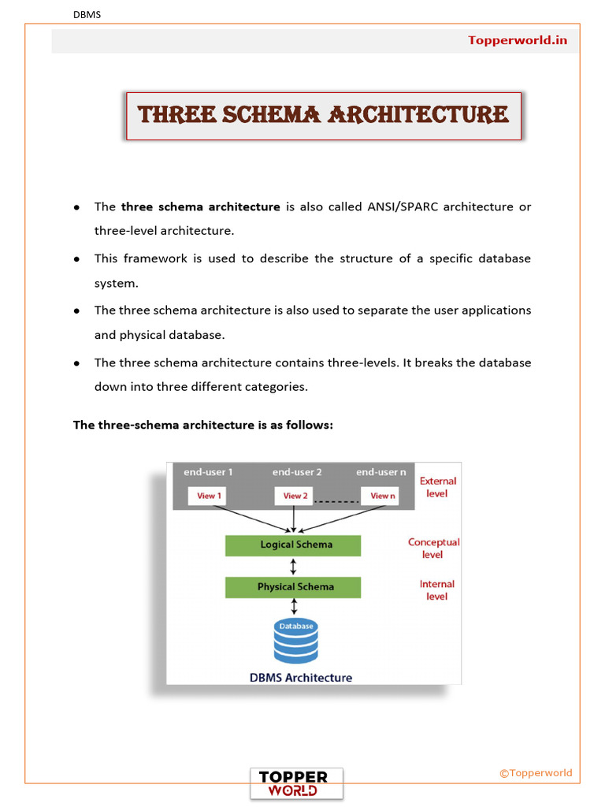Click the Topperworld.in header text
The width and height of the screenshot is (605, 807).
[518, 40]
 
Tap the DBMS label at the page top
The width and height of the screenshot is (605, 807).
[87, 14]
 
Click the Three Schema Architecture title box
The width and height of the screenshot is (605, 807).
[324, 116]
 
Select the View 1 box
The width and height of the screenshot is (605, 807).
[207, 496]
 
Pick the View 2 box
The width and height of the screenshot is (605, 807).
[294, 496]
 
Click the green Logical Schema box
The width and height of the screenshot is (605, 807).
[293, 545]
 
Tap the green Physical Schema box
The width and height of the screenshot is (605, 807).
[293, 587]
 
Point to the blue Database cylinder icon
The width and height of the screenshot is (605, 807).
[295, 642]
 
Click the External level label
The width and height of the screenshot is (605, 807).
[437, 487]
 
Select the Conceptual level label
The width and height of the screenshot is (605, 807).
[433, 549]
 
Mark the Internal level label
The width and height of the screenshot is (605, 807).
[436, 590]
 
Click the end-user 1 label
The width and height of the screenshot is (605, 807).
[208, 472]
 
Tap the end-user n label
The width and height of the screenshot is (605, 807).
[381, 472]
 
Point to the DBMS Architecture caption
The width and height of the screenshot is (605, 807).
[301, 677]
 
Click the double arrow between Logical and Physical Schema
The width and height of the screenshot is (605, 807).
[293, 566]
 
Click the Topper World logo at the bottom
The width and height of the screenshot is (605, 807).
[296, 783]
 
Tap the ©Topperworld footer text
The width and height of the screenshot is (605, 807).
[536, 773]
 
